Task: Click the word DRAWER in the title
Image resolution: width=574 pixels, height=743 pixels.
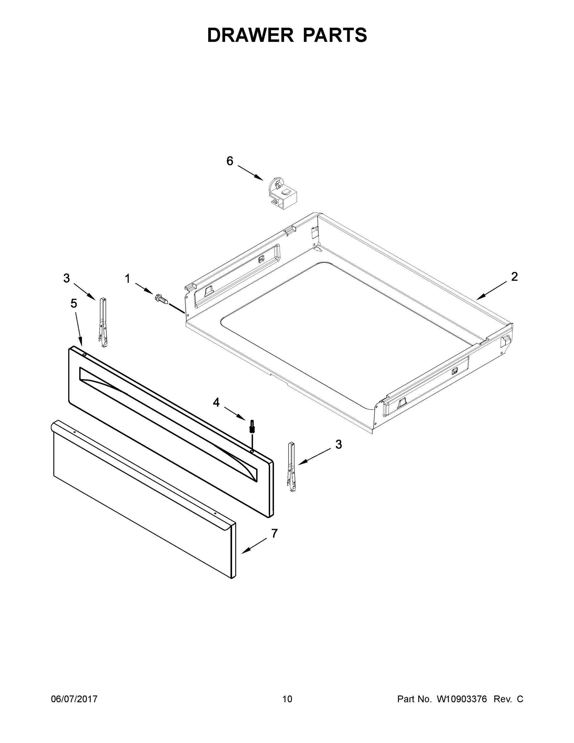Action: (250, 35)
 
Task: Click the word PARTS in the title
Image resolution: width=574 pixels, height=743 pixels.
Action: (334, 35)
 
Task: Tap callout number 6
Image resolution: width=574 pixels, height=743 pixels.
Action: (230, 161)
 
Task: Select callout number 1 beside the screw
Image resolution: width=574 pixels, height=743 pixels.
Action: (127, 279)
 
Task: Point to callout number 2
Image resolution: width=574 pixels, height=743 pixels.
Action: (514, 276)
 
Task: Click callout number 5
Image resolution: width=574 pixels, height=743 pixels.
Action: (74, 303)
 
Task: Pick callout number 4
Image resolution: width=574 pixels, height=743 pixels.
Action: (216, 402)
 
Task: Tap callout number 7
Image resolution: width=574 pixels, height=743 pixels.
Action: (274, 533)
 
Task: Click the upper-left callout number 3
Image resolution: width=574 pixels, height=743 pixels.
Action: (67, 278)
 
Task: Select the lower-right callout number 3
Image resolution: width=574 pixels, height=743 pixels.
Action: (338, 444)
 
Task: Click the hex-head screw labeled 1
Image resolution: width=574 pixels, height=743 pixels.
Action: (162, 299)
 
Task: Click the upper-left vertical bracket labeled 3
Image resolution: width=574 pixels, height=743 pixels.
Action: (103, 322)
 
